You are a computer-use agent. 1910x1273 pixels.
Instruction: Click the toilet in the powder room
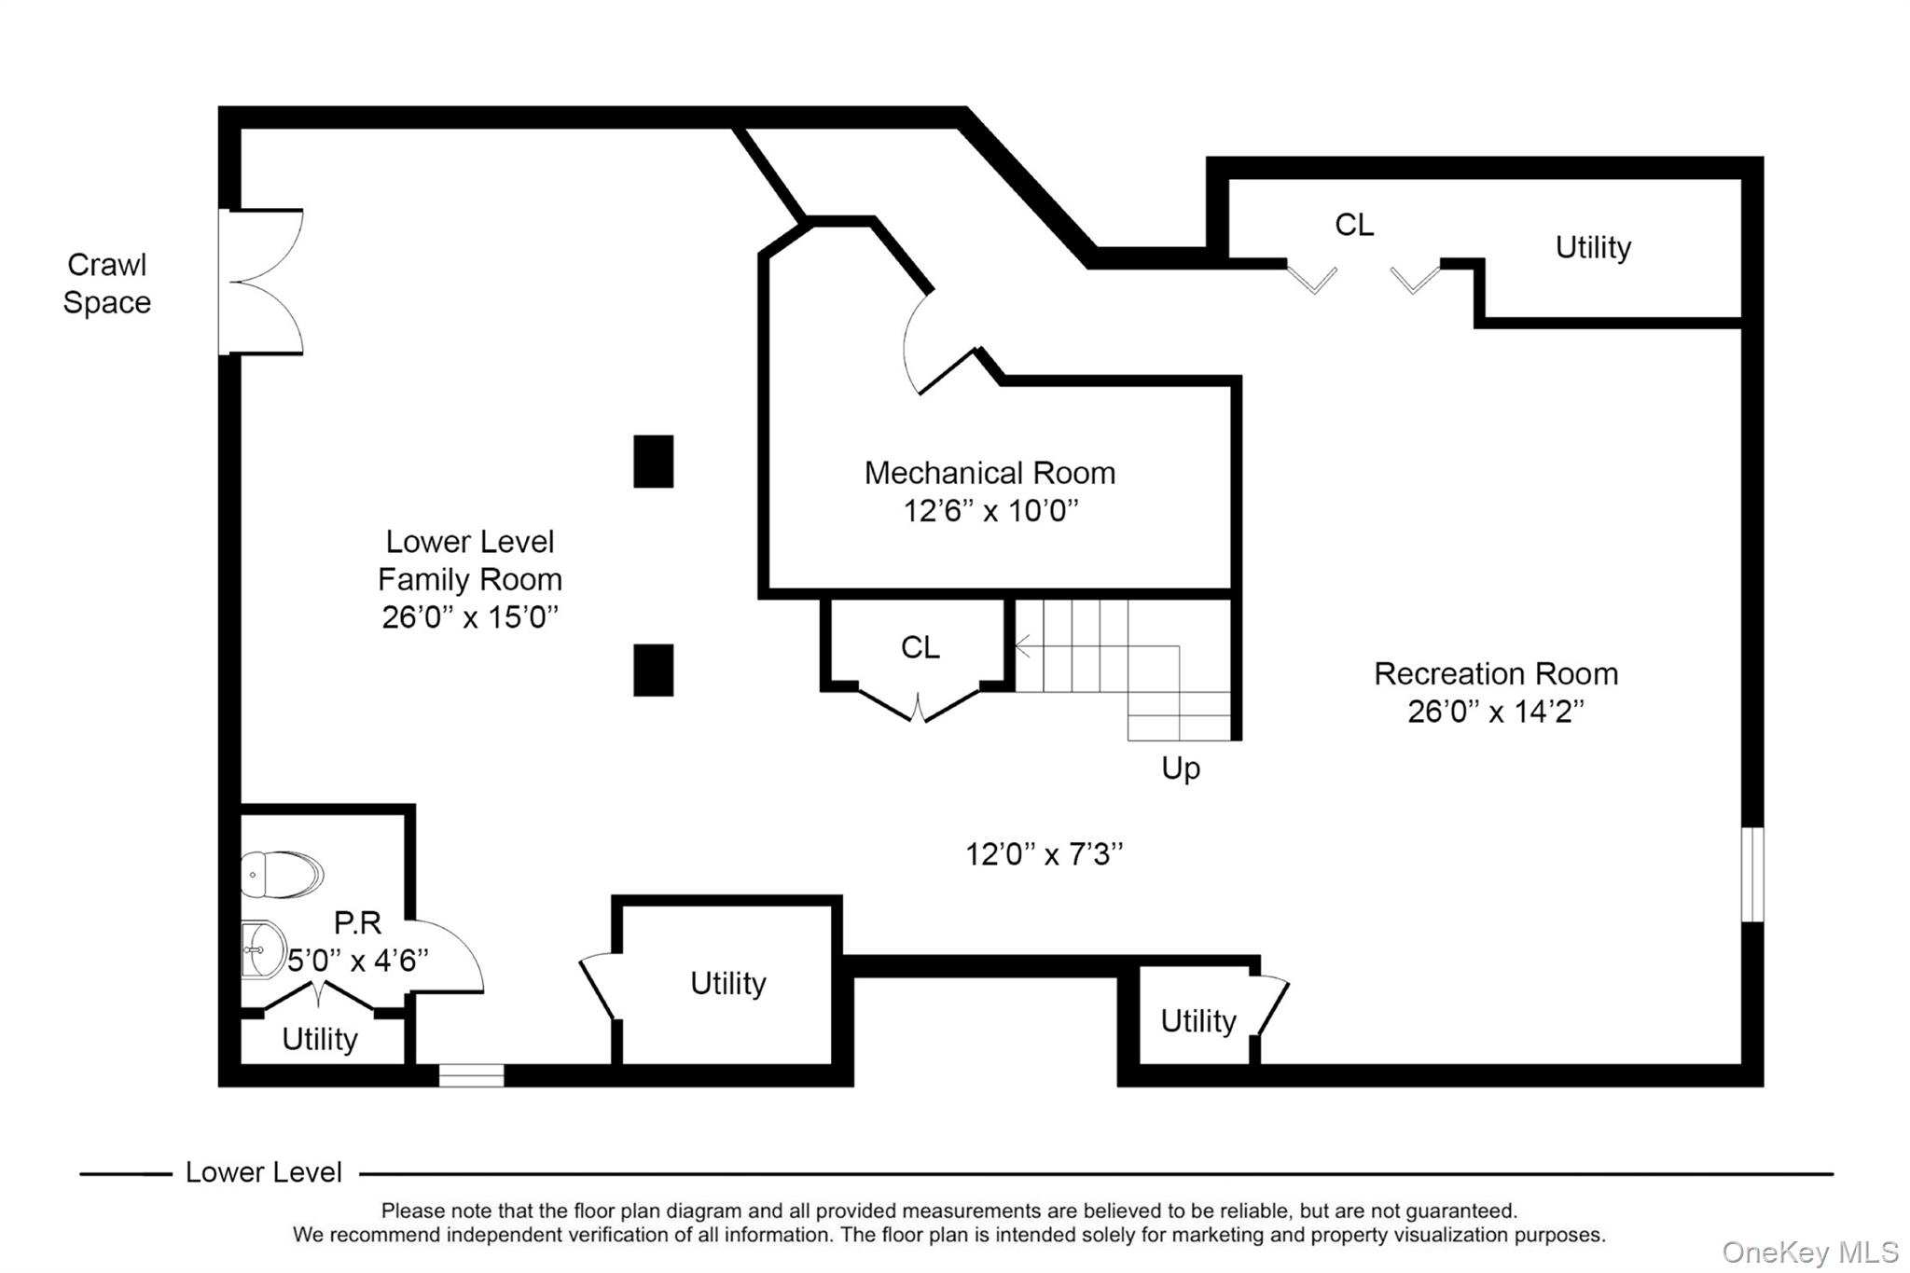(x=282, y=874)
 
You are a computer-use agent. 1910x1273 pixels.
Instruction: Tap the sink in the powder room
(x=263, y=949)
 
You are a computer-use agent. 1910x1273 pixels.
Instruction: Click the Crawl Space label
(x=107, y=284)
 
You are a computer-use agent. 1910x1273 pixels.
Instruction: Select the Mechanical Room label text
(x=990, y=473)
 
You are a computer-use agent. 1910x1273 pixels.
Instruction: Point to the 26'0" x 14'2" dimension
(x=1496, y=712)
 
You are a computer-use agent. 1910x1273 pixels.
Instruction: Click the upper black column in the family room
(x=654, y=462)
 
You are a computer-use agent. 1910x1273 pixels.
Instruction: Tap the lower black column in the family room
(x=654, y=671)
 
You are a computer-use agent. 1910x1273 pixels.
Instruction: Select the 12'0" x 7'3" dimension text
(x=1045, y=854)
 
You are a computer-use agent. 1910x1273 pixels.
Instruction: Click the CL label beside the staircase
(x=920, y=647)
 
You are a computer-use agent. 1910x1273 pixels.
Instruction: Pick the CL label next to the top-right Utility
(x=1354, y=225)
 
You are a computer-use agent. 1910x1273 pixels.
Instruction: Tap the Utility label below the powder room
(x=320, y=1039)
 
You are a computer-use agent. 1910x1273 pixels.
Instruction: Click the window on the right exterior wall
(x=1752, y=875)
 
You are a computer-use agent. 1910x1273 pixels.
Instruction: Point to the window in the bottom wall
(x=472, y=1075)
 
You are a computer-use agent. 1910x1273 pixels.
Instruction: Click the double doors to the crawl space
(x=261, y=282)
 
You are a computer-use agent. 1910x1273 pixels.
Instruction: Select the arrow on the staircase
(x=1097, y=645)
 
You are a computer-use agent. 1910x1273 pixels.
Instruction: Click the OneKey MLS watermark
(x=1810, y=1252)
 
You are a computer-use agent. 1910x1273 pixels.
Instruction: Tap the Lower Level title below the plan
(x=264, y=1172)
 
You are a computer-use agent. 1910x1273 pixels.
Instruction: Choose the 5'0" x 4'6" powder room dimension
(x=358, y=961)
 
